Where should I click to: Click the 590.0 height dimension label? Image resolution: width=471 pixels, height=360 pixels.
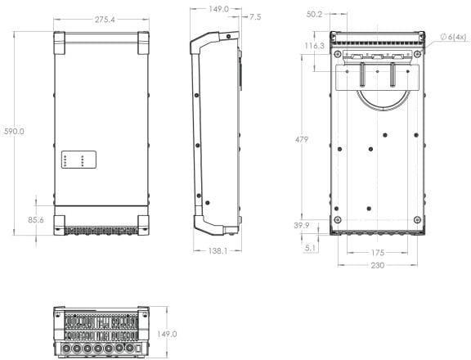[x=14, y=132]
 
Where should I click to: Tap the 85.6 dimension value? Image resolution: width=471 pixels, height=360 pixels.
[x=36, y=220]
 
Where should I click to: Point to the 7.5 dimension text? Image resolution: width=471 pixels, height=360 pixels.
[x=255, y=17]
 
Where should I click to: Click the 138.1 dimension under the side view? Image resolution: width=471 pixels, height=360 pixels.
[x=218, y=251]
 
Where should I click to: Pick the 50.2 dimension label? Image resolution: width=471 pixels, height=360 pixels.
[x=314, y=14]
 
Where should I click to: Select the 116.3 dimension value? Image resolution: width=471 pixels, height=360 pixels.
[x=315, y=46]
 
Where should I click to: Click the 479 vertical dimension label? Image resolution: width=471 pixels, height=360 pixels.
[x=301, y=140]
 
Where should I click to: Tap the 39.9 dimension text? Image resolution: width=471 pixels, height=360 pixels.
[x=302, y=225]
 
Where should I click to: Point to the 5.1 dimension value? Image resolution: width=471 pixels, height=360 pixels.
[x=310, y=248]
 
